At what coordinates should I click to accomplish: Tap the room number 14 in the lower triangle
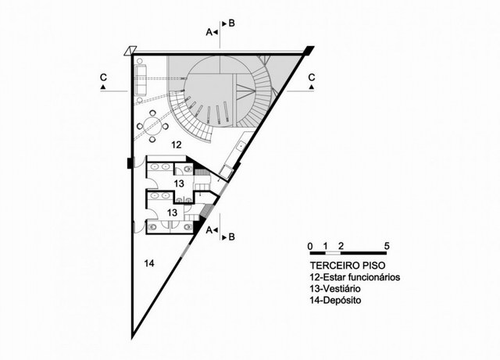pyautogui.click(x=149, y=264)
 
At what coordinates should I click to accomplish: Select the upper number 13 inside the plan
pyautogui.click(x=179, y=183)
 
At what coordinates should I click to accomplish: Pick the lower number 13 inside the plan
pyautogui.click(x=172, y=212)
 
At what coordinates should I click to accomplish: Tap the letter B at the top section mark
pyautogui.click(x=231, y=23)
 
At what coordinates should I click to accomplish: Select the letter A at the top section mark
pyautogui.click(x=209, y=32)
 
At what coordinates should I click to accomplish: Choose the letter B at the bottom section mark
pyautogui.click(x=231, y=236)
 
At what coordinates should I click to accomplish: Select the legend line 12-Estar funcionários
pyautogui.click(x=355, y=277)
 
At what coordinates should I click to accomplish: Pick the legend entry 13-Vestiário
pyautogui.click(x=338, y=289)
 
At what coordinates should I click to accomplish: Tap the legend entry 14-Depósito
pyautogui.click(x=337, y=300)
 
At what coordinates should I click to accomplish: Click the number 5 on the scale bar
pyautogui.click(x=387, y=246)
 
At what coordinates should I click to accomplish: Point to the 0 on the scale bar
pyautogui.click(x=310, y=246)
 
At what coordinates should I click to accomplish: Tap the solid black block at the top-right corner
pyautogui.click(x=309, y=51)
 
